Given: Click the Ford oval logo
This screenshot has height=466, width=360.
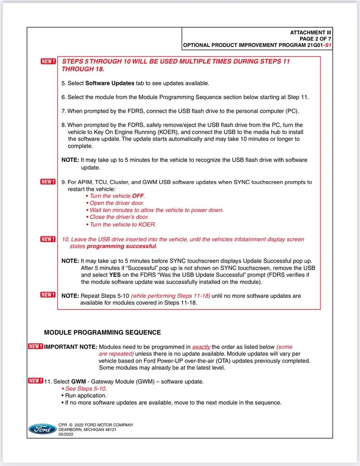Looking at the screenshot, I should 42,429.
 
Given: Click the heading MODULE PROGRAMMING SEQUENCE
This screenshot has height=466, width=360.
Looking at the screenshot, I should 102,333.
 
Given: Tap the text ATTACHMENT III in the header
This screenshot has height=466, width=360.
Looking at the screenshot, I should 310,33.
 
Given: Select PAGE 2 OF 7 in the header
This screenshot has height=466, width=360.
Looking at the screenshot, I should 315,39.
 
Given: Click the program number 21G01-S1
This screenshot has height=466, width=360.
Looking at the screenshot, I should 319,45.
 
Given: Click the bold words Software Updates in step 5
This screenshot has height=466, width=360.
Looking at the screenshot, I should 110,83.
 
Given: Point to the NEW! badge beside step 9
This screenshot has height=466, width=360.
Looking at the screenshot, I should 48,182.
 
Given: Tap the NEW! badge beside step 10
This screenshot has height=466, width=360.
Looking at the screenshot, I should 48,239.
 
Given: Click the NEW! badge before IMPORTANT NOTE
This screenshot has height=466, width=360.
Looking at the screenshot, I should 35,347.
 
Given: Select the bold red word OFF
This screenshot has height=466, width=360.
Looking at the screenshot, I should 138,196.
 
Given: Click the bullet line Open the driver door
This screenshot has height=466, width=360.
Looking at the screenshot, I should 116,203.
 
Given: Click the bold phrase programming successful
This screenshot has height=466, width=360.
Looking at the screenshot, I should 121,246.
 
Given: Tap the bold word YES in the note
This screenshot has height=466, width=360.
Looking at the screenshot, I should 115,275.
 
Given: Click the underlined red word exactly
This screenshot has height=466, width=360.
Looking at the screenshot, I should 201,347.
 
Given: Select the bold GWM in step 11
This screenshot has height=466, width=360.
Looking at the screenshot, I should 78,382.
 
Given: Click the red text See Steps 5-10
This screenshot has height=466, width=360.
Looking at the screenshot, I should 86,389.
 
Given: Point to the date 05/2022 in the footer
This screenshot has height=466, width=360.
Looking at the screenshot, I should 66,434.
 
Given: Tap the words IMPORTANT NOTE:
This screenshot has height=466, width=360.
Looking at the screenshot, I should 71,347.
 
